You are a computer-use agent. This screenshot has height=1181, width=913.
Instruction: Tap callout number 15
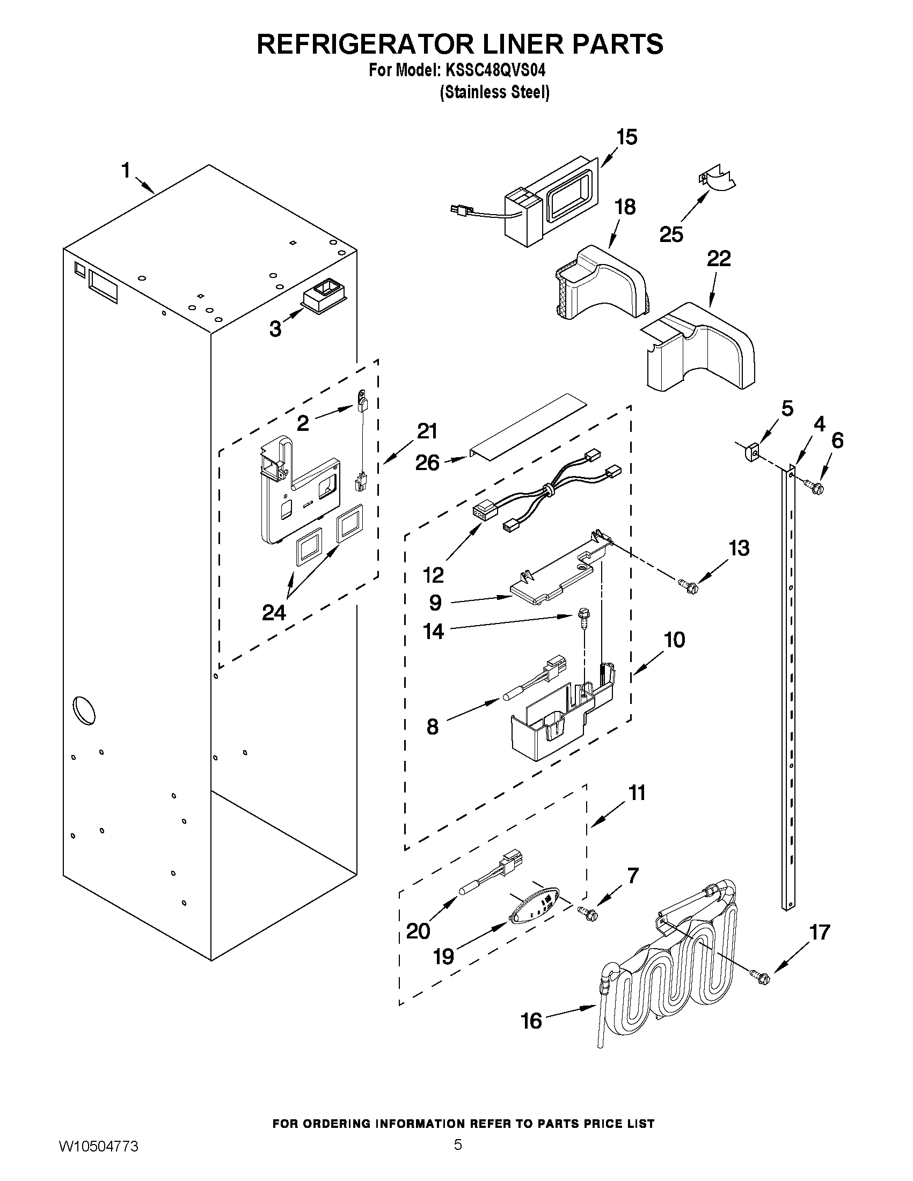click(626, 137)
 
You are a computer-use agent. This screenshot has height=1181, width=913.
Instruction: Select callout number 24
click(274, 613)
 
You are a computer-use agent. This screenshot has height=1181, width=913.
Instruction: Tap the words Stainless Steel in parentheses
click(494, 93)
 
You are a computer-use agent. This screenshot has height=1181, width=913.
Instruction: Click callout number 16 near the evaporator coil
click(531, 1021)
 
